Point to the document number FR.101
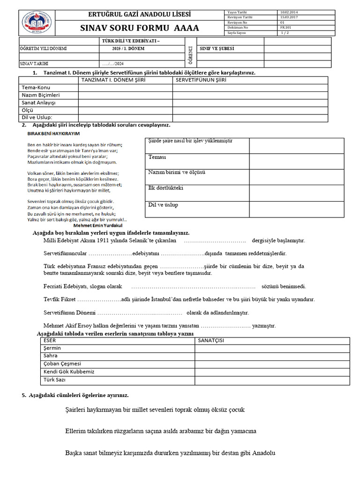(x=285, y=28)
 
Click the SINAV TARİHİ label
(x=34, y=63)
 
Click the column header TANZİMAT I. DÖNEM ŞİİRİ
(x=113, y=80)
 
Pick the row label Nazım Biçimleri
(x=41, y=95)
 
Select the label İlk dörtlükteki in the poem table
(x=166, y=188)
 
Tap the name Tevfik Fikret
(x=59, y=299)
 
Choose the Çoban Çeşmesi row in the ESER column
(x=62, y=363)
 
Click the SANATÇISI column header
(x=211, y=340)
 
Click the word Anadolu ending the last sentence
(x=263, y=453)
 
